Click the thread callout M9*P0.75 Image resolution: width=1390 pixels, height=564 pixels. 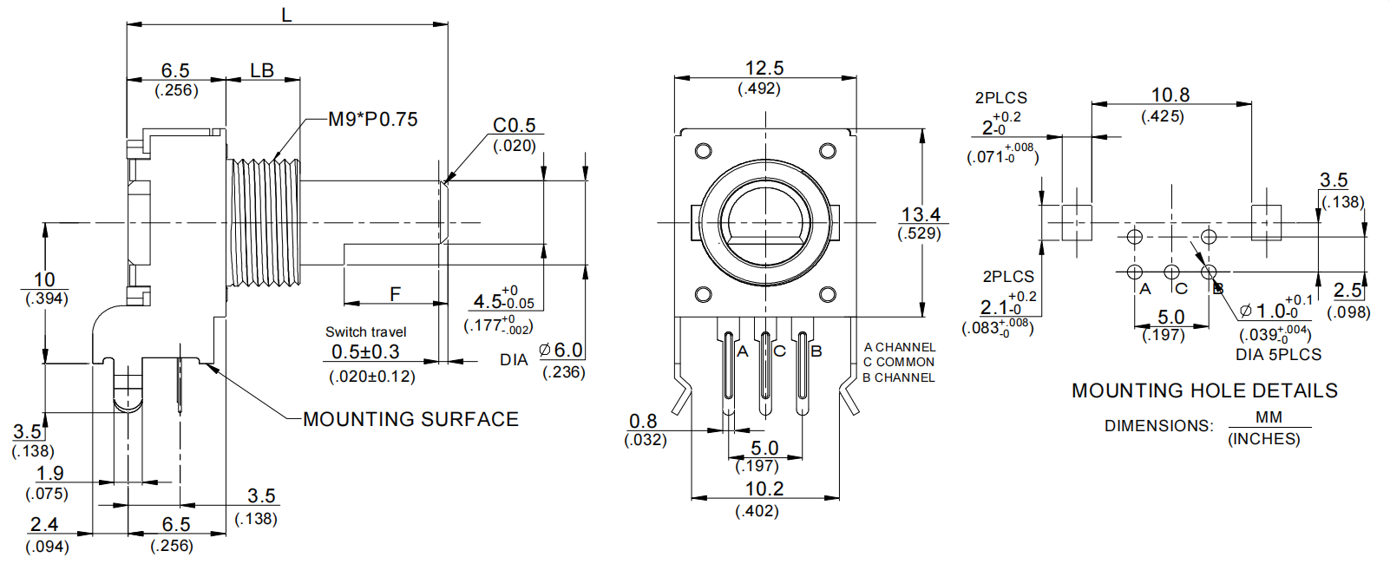click(372, 120)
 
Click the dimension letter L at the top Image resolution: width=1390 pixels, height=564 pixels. click(287, 15)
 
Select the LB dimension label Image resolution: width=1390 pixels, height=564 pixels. click(262, 70)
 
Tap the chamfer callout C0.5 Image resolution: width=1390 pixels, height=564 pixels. click(514, 125)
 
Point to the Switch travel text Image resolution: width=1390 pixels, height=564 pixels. click(365, 331)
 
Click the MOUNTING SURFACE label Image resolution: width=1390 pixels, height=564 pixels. click(410, 419)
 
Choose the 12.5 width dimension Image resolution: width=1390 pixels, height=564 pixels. click(764, 68)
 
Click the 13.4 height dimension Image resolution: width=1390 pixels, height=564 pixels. click(920, 214)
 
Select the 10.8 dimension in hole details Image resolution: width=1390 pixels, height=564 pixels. click(1170, 95)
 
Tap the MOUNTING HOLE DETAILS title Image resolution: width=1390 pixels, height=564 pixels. click(1204, 390)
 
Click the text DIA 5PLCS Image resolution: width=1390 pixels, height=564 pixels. click(1278, 355)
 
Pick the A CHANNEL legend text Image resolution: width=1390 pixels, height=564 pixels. click(900, 347)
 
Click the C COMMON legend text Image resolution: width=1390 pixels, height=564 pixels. click(899, 362)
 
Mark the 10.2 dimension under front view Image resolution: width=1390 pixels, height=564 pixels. click(764, 489)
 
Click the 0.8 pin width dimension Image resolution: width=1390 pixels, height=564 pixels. click(643, 421)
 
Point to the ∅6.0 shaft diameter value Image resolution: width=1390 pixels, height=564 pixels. click(561, 350)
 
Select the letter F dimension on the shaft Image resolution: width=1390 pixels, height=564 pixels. click(396, 294)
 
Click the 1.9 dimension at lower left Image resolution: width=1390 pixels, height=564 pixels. click(49, 473)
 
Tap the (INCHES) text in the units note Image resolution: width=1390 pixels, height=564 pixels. click(1264, 439)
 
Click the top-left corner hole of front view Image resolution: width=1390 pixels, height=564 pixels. click(704, 151)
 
